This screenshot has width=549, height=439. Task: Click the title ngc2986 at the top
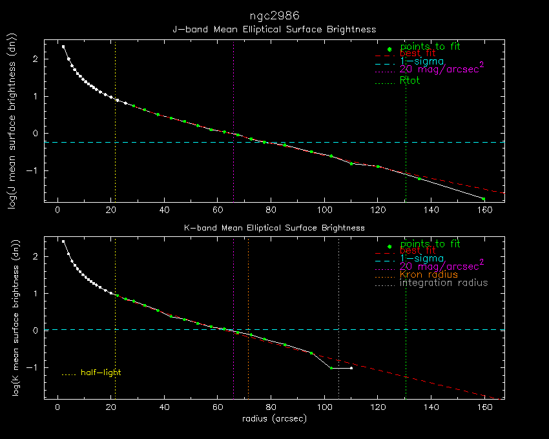[274, 15]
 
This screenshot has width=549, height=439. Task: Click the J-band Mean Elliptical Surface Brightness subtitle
[274, 30]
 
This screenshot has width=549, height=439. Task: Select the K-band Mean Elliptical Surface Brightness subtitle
[274, 228]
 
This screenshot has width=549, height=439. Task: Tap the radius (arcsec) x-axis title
[274, 419]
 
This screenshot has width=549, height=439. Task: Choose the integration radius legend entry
[444, 283]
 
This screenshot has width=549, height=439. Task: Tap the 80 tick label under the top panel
[271, 210]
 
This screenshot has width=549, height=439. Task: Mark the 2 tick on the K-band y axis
[36, 256]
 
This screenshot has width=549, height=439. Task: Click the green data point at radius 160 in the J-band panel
[484, 199]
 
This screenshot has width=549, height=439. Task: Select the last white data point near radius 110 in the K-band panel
[351, 368]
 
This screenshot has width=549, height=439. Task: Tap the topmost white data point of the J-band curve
[63, 46]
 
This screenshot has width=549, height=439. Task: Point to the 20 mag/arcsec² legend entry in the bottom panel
[442, 265]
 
